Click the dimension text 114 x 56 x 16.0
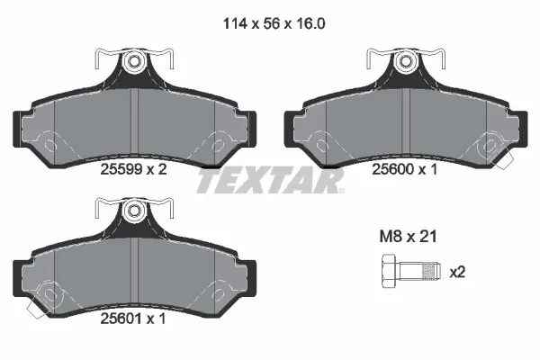click(x=274, y=23)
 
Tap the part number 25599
click(x=121, y=169)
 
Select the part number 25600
click(x=392, y=169)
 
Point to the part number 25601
click(x=121, y=319)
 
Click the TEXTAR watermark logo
click(x=270, y=181)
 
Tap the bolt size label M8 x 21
click(x=408, y=237)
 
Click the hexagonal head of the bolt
click(x=390, y=271)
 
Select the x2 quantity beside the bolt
click(x=457, y=273)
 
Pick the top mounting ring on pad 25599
click(x=134, y=62)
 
